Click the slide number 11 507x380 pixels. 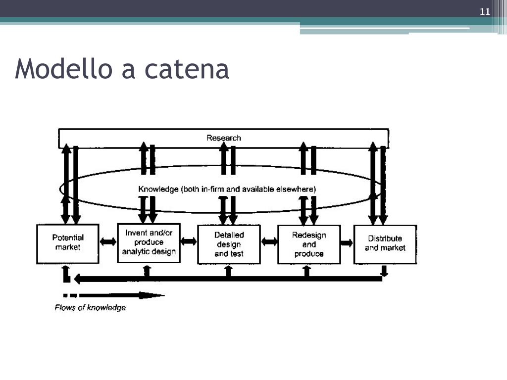(485, 12)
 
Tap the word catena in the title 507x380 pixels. (187, 69)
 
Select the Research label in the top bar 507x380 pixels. (224, 138)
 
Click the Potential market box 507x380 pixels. (68, 243)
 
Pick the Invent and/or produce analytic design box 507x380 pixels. (149, 242)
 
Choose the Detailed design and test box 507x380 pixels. (229, 244)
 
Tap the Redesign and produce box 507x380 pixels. (309, 244)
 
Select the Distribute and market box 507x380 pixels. (385, 243)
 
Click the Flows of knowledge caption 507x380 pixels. (90, 308)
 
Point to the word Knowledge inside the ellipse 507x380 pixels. (158, 189)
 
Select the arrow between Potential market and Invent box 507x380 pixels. (108, 241)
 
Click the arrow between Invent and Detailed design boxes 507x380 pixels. (189, 241)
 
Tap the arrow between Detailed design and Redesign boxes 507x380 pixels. (269, 241)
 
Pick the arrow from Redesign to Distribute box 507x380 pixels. (347, 242)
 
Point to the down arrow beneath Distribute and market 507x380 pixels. (384, 271)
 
